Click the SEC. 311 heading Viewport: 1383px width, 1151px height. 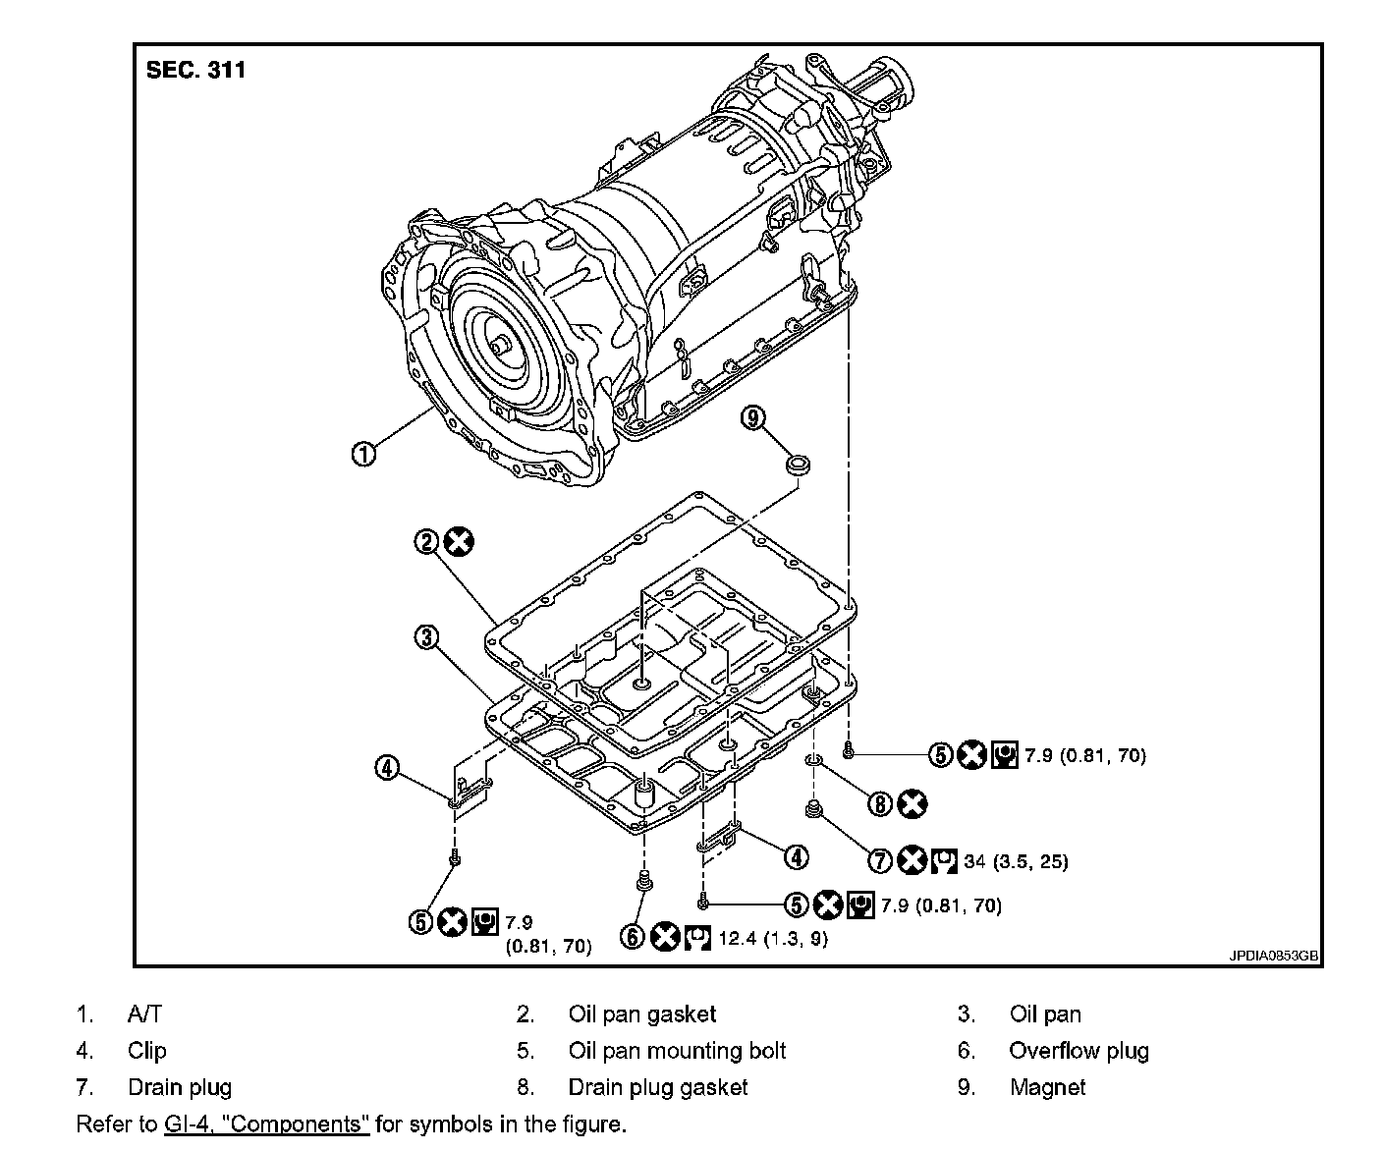pyautogui.click(x=195, y=70)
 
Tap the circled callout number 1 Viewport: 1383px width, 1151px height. pyautogui.click(x=363, y=454)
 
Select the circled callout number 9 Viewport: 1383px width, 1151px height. pyautogui.click(x=753, y=418)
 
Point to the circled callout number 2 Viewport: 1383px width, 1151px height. pyautogui.click(x=427, y=541)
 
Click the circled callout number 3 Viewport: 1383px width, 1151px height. pyautogui.click(x=425, y=638)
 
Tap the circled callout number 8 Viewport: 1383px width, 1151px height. pyautogui.click(x=880, y=804)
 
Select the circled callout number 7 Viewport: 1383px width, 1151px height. pyautogui.click(x=881, y=861)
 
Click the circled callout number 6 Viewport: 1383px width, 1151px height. pyautogui.click(x=634, y=937)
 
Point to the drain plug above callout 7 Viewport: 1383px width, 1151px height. pyautogui.click(x=812, y=810)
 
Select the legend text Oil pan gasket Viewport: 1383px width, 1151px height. pyautogui.click(x=642, y=1014)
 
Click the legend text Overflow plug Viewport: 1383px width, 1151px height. pyautogui.click(x=1079, y=1051)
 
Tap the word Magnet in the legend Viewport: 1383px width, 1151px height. pyautogui.click(x=1047, y=1087)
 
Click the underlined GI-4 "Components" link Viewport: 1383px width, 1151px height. pyautogui.click(x=266, y=1124)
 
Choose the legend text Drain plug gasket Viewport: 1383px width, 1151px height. pyautogui.click(x=657, y=1087)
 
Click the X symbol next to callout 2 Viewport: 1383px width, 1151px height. pyautogui.click(x=458, y=541)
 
